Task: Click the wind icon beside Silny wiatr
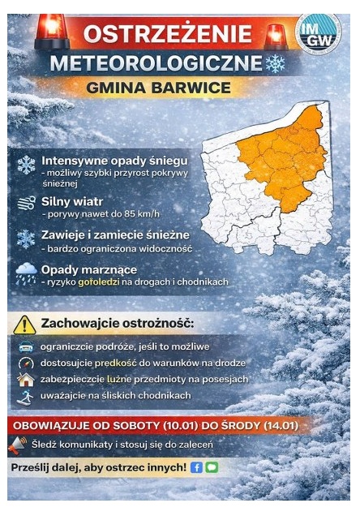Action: (26, 203)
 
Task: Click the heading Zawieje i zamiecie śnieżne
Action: (115, 234)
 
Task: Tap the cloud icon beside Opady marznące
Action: (26, 273)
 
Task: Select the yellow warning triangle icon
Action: (25, 325)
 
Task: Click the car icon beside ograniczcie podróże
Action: (25, 346)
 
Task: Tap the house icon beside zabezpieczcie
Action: (25, 379)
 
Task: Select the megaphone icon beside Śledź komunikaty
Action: (18, 445)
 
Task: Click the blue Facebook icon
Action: (195, 468)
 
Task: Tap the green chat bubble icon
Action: (211, 468)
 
